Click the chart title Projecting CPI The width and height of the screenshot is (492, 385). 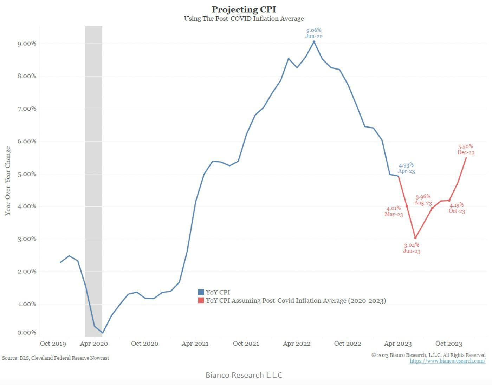click(x=244, y=9)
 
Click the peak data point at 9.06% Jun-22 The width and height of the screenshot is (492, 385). click(x=314, y=42)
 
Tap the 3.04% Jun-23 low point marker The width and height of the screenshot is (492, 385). click(x=415, y=238)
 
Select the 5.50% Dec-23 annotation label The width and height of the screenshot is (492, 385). click(x=466, y=150)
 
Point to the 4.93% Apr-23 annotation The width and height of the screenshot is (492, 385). click(x=406, y=168)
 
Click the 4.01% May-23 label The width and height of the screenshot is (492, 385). click(x=394, y=211)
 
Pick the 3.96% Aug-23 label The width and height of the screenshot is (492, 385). click(x=423, y=200)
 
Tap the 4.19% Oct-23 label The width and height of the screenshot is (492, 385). click(x=457, y=208)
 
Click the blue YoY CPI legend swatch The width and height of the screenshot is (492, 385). click(x=201, y=292)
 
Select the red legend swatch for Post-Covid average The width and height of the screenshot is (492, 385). click(x=201, y=301)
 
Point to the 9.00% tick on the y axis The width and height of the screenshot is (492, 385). click(x=27, y=44)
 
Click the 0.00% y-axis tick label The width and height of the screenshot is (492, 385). click(x=27, y=332)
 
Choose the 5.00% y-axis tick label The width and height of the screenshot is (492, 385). click(x=27, y=174)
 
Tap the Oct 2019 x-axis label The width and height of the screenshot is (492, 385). click(x=53, y=344)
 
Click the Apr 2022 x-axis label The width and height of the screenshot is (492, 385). click(x=297, y=344)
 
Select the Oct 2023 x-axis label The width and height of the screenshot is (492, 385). click(x=448, y=344)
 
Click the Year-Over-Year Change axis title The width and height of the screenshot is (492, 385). click(x=8, y=181)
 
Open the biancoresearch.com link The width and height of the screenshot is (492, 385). click(x=447, y=361)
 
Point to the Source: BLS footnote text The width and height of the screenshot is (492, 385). click(x=56, y=358)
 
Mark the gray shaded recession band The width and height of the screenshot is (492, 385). click(x=93, y=176)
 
